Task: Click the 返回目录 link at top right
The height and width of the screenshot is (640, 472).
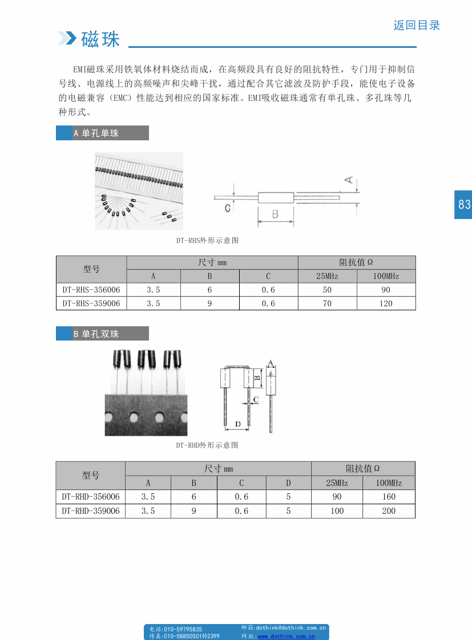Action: tap(417, 25)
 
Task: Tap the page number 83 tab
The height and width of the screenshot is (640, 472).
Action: tap(463, 204)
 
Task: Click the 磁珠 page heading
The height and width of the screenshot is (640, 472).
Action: tap(100, 39)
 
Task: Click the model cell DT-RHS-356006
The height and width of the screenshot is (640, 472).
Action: tap(91, 290)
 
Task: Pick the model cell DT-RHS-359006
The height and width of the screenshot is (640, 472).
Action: tap(91, 303)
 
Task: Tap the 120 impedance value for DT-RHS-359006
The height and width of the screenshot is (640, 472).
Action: tap(386, 303)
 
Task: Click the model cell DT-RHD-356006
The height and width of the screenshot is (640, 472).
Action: tap(91, 497)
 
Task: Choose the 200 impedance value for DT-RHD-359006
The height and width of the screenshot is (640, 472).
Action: tap(389, 511)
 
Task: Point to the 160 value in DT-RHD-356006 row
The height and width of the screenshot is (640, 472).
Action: tap(389, 497)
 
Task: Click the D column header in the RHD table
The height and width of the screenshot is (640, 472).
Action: tap(288, 483)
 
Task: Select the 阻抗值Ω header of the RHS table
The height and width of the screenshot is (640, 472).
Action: tap(356, 262)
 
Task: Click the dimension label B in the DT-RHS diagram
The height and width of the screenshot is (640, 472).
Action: tap(275, 214)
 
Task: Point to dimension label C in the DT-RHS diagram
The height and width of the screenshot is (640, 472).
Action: tap(227, 208)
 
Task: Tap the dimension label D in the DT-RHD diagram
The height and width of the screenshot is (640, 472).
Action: tap(238, 423)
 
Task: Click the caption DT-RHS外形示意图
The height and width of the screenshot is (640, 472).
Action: tap(207, 241)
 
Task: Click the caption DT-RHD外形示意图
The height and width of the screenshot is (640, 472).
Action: tap(207, 445)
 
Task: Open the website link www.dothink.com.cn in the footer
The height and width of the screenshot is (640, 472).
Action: tap(286, 636)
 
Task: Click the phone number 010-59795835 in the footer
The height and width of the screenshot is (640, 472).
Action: tap(183, 629)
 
